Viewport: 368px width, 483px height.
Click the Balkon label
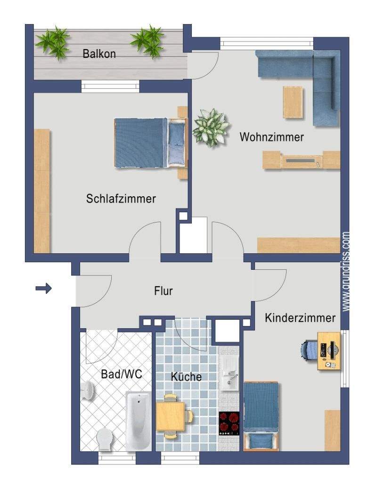(99, 54)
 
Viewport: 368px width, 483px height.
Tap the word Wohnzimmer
(272, 137)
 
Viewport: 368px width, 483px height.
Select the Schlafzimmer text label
(121, 199)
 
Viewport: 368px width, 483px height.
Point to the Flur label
(164, 291)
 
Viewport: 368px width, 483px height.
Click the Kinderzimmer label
(300, 317)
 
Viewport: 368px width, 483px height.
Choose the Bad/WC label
(122, 374)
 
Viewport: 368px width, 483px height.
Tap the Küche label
(186, 376)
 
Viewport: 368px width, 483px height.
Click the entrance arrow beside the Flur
(43, 288)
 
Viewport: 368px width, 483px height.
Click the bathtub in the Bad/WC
(139, 421)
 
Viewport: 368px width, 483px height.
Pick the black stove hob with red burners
(229, 423)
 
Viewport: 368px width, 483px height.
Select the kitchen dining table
(171, 416)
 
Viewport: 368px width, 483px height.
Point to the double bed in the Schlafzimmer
(151, 143)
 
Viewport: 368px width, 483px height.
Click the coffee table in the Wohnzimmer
(293, 102)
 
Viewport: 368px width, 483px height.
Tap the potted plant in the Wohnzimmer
(211, 127)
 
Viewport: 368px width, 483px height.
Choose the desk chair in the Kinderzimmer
(309, 350)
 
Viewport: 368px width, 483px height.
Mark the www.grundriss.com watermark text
(346, 272)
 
